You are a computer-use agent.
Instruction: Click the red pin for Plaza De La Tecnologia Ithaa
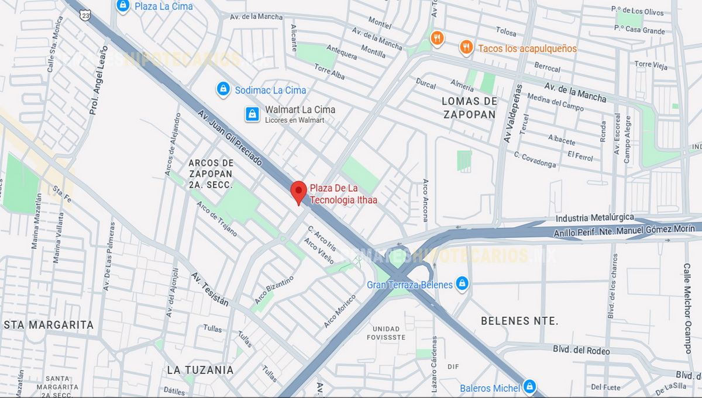pos(299,191)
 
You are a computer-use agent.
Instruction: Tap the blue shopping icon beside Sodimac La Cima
pos(223,89)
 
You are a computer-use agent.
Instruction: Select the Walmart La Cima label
pos(300,110)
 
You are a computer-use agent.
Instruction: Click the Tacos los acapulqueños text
pos(527,49)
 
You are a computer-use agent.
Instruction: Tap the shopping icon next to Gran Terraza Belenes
pos(462,283)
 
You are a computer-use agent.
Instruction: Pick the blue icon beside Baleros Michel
pos(529,386)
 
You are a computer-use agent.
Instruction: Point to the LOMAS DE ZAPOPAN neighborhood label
pos(469,108)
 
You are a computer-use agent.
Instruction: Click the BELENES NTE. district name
pos(519,321)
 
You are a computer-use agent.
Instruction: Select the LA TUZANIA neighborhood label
pos(200,370)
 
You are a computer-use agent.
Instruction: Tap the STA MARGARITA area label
pos(49,324)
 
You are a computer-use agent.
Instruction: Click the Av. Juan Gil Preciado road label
pos(230,138)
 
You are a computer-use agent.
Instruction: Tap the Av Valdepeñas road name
pos(512,114)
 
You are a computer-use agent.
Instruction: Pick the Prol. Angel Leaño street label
pos(98,80)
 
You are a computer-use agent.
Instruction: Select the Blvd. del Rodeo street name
pos(581,350)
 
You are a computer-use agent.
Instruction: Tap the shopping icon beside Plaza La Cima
pos(123,6)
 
